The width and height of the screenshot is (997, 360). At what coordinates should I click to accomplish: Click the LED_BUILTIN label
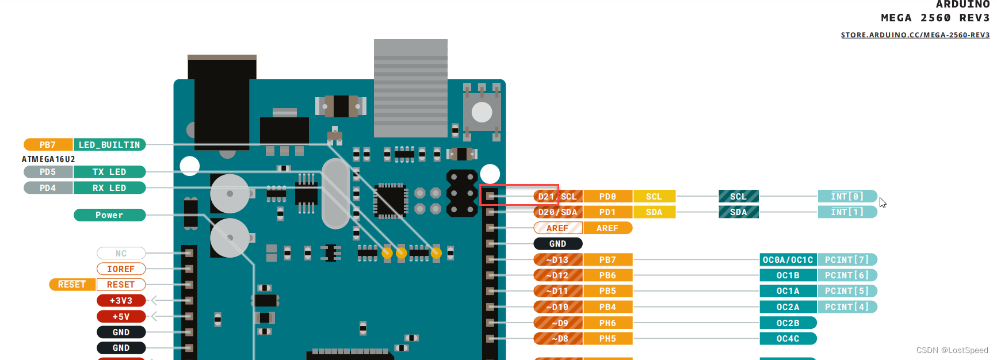tap(109, 145)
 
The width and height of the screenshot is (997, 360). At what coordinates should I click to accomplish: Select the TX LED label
tap(109, 172)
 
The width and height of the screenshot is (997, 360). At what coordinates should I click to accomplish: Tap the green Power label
tap(109, 215)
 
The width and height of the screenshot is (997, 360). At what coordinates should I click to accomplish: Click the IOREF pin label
tap(121, 269)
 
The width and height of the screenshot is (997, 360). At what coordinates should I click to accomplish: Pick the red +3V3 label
tap(121, 301)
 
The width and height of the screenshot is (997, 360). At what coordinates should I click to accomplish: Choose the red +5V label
tap(121, 317)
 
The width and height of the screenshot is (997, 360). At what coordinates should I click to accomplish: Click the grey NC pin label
tap(121, 254)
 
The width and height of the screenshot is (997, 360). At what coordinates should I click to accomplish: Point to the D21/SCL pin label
tap(557, 197)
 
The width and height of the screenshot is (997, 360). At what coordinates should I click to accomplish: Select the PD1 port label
tap(608, 212)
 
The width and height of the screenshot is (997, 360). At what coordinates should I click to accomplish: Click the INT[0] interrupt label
tap(847, 197)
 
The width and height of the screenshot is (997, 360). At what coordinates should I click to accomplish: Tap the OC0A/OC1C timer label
tap(788, 260)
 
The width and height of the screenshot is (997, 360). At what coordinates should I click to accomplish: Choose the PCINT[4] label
tap(847, 307)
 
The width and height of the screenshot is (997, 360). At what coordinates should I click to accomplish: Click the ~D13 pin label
tap(557, 260)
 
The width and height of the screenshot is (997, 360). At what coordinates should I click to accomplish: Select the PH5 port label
tap(608, 339)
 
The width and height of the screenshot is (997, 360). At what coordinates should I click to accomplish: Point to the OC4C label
tap(788, 339)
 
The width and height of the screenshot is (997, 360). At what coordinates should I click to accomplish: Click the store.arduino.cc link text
tap(915, 35)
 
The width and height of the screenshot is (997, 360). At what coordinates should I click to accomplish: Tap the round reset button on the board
tap(482, 112)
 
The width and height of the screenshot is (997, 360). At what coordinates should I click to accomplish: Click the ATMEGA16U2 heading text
tap(48, 159)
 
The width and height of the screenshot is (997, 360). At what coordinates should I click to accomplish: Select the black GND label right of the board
tap(557, 244)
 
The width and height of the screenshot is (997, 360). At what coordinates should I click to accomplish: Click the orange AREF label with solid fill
tap(608, 228)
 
